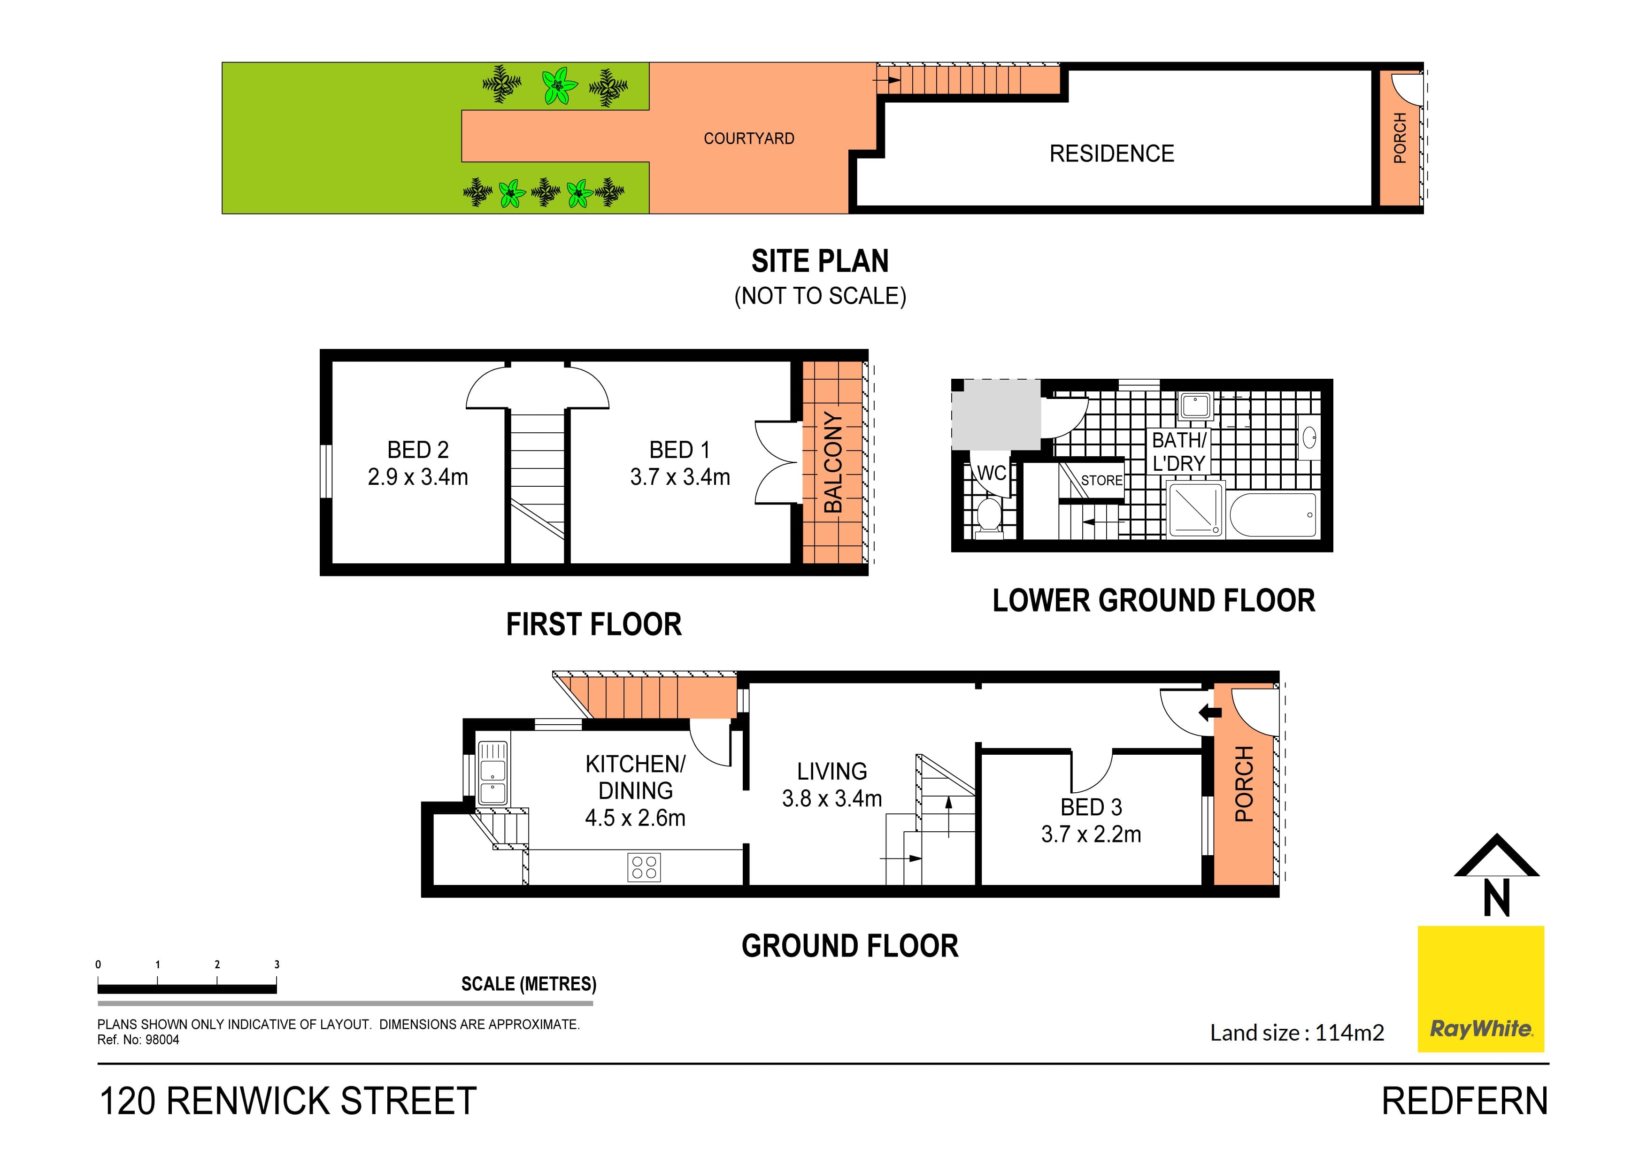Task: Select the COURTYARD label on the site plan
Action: tap(748, 138)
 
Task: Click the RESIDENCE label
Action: tap(1111, 153)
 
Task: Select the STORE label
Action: tap(1101, 481)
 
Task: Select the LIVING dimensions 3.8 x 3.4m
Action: tap(831, 799)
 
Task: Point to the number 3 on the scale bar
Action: tap(277, 965)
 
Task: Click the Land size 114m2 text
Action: tap(1296, 1033)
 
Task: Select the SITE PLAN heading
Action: tap(820, 261)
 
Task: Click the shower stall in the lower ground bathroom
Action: tap(1195, 510)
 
